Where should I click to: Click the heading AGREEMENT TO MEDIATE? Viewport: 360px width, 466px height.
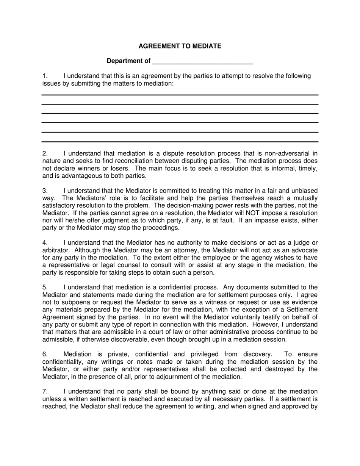point(180,46)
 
